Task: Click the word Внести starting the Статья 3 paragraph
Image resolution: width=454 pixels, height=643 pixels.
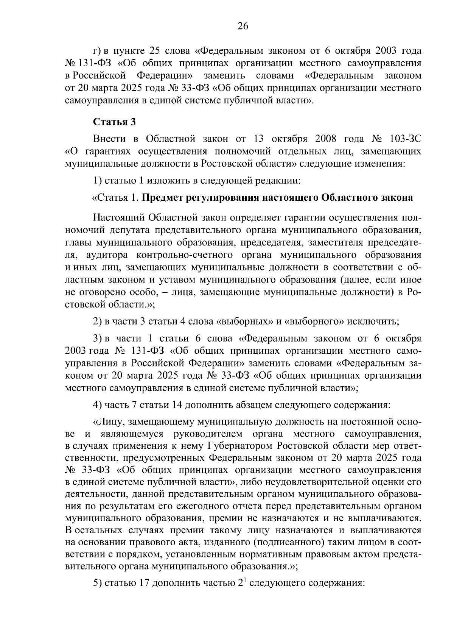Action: click(x=109, y=139)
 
